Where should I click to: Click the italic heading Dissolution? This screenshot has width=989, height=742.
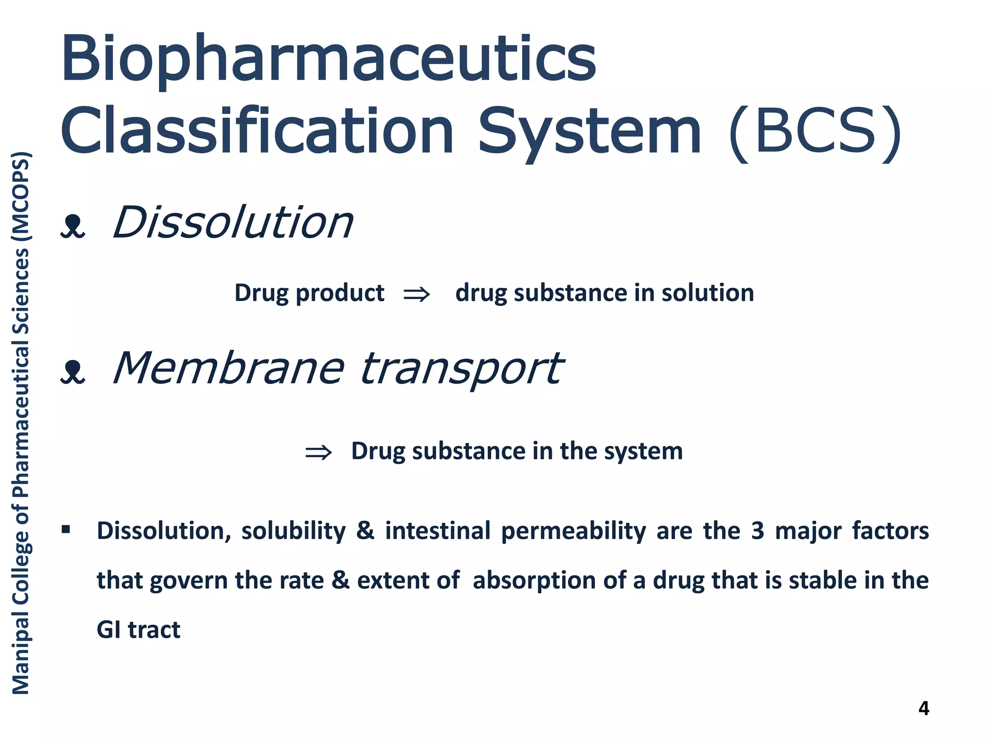[233, 223]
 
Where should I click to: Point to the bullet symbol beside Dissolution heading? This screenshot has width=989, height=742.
[73, 226]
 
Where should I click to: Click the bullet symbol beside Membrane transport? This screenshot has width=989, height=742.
[73, 372]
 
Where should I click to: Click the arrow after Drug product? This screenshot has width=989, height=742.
[416, 294]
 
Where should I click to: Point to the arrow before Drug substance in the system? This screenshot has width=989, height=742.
[318, 452]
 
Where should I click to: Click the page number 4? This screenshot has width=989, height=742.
[923, 708]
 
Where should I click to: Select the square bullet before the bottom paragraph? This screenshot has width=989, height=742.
[66, 530]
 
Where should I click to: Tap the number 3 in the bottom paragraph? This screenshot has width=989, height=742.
[757, 531]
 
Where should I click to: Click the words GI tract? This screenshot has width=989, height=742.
[138, 630]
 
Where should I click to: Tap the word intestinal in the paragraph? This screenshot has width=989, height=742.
[438, 531]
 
